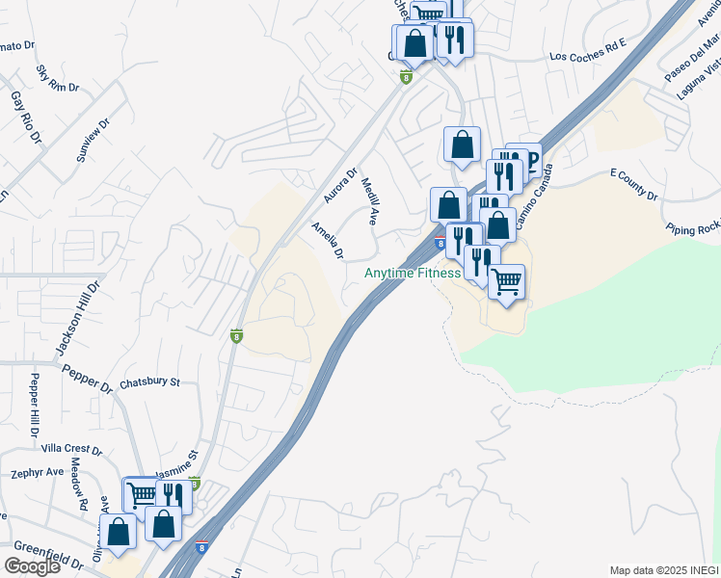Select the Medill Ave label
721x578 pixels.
point(369,200)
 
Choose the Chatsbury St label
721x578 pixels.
point(149,382)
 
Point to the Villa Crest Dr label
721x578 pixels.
point(72,449)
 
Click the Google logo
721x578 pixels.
point(32,566)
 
